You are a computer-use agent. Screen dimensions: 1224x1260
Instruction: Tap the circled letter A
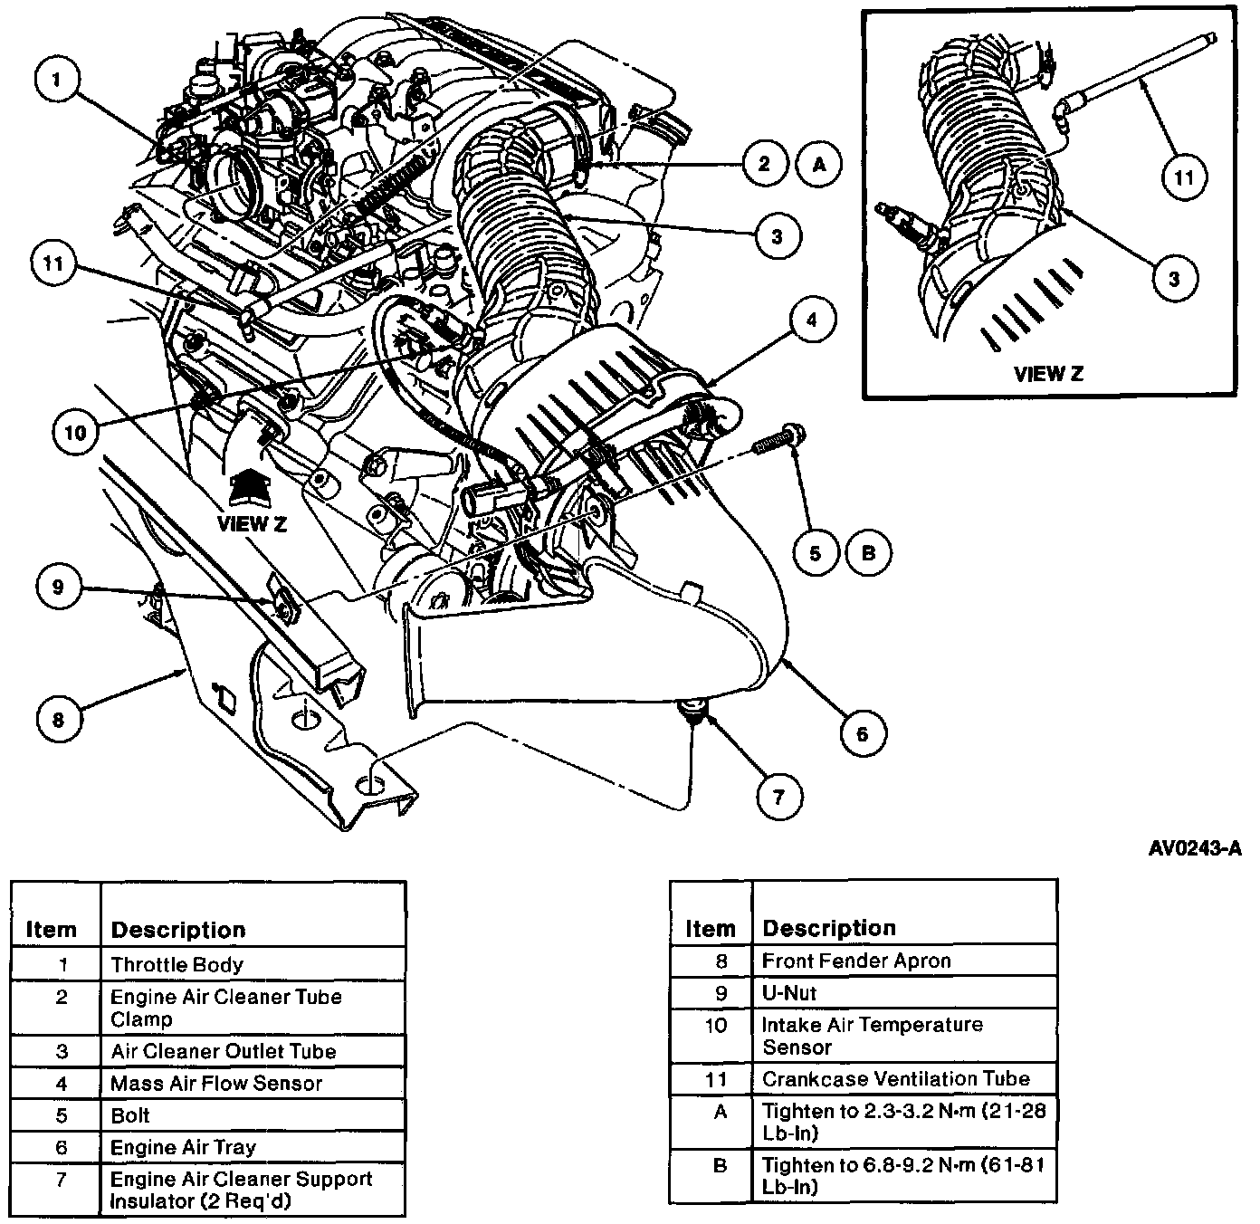click(820, 165)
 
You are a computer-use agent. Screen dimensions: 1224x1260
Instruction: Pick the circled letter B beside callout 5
click(869, 551)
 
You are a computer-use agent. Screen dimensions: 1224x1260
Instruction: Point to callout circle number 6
click(862, 733)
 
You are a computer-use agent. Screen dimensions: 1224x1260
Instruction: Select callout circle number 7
click(778, 796)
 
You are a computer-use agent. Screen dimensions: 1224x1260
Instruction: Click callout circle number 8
click(60, 719)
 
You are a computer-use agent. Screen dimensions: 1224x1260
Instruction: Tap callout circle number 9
click(59, 587)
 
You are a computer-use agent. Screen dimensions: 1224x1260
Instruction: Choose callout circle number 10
click(75, 433)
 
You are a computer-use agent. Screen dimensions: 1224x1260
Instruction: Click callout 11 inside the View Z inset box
click(1184, 177)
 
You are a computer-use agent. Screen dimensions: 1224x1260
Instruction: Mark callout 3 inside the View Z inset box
click(1174, 278)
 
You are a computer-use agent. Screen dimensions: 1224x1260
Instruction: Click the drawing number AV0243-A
click(1195, 848)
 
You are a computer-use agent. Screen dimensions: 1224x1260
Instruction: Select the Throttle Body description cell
click(177, 965)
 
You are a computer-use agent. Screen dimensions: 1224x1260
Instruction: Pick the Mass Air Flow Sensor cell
click(216, 1084)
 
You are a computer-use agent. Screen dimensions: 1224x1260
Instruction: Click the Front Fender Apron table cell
click(856, 961)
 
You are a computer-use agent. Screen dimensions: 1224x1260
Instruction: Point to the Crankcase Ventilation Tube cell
click(896, 1079)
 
